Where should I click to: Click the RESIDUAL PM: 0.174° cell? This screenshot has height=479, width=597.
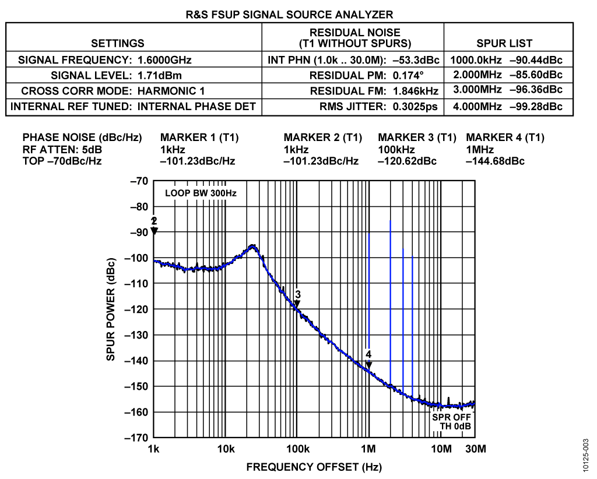tap(374, 76)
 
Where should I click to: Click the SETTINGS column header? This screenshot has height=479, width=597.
tap(118, 43)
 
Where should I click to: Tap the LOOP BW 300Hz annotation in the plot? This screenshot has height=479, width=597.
tap(201, 193)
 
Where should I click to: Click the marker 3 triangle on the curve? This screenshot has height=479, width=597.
tap(297, 304)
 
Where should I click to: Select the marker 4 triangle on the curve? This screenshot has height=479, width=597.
tap(368, 365)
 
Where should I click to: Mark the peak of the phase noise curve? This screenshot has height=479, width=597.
tap(252, 246)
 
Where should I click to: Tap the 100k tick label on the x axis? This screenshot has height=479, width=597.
tap(297, 449)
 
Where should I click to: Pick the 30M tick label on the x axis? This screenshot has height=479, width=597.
tap(475, 449)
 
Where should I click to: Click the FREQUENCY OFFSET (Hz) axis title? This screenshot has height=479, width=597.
tap(314, 467)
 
